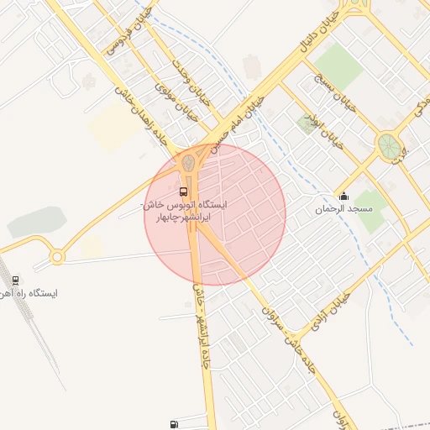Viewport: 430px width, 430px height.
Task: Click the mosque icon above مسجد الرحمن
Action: [x=343, y=197]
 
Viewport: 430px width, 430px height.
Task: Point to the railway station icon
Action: [x=15, y=281]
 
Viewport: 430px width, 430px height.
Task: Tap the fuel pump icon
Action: [x=174, y=425]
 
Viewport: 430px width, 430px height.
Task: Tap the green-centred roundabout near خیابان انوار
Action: [x=388, y=145]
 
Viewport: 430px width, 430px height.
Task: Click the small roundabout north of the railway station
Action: [x=57, y=255]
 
